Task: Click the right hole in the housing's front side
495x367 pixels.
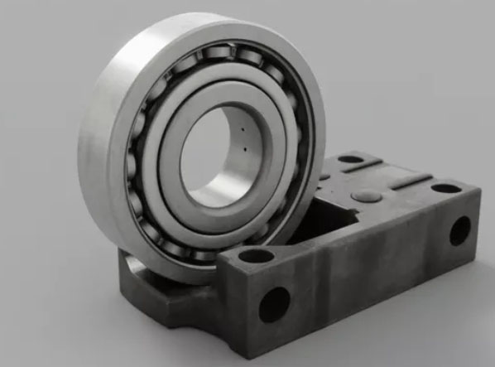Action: point(460,230)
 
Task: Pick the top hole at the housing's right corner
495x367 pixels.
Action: point(446,188)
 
